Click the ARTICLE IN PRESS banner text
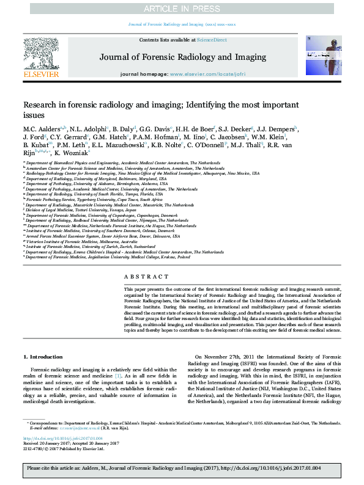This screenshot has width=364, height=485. (x=182, y=9)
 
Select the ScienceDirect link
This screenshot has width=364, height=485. (x=212, y=40)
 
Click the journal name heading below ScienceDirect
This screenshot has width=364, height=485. (x=182, y=57)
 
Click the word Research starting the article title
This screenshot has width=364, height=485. (x=39, y=105)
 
